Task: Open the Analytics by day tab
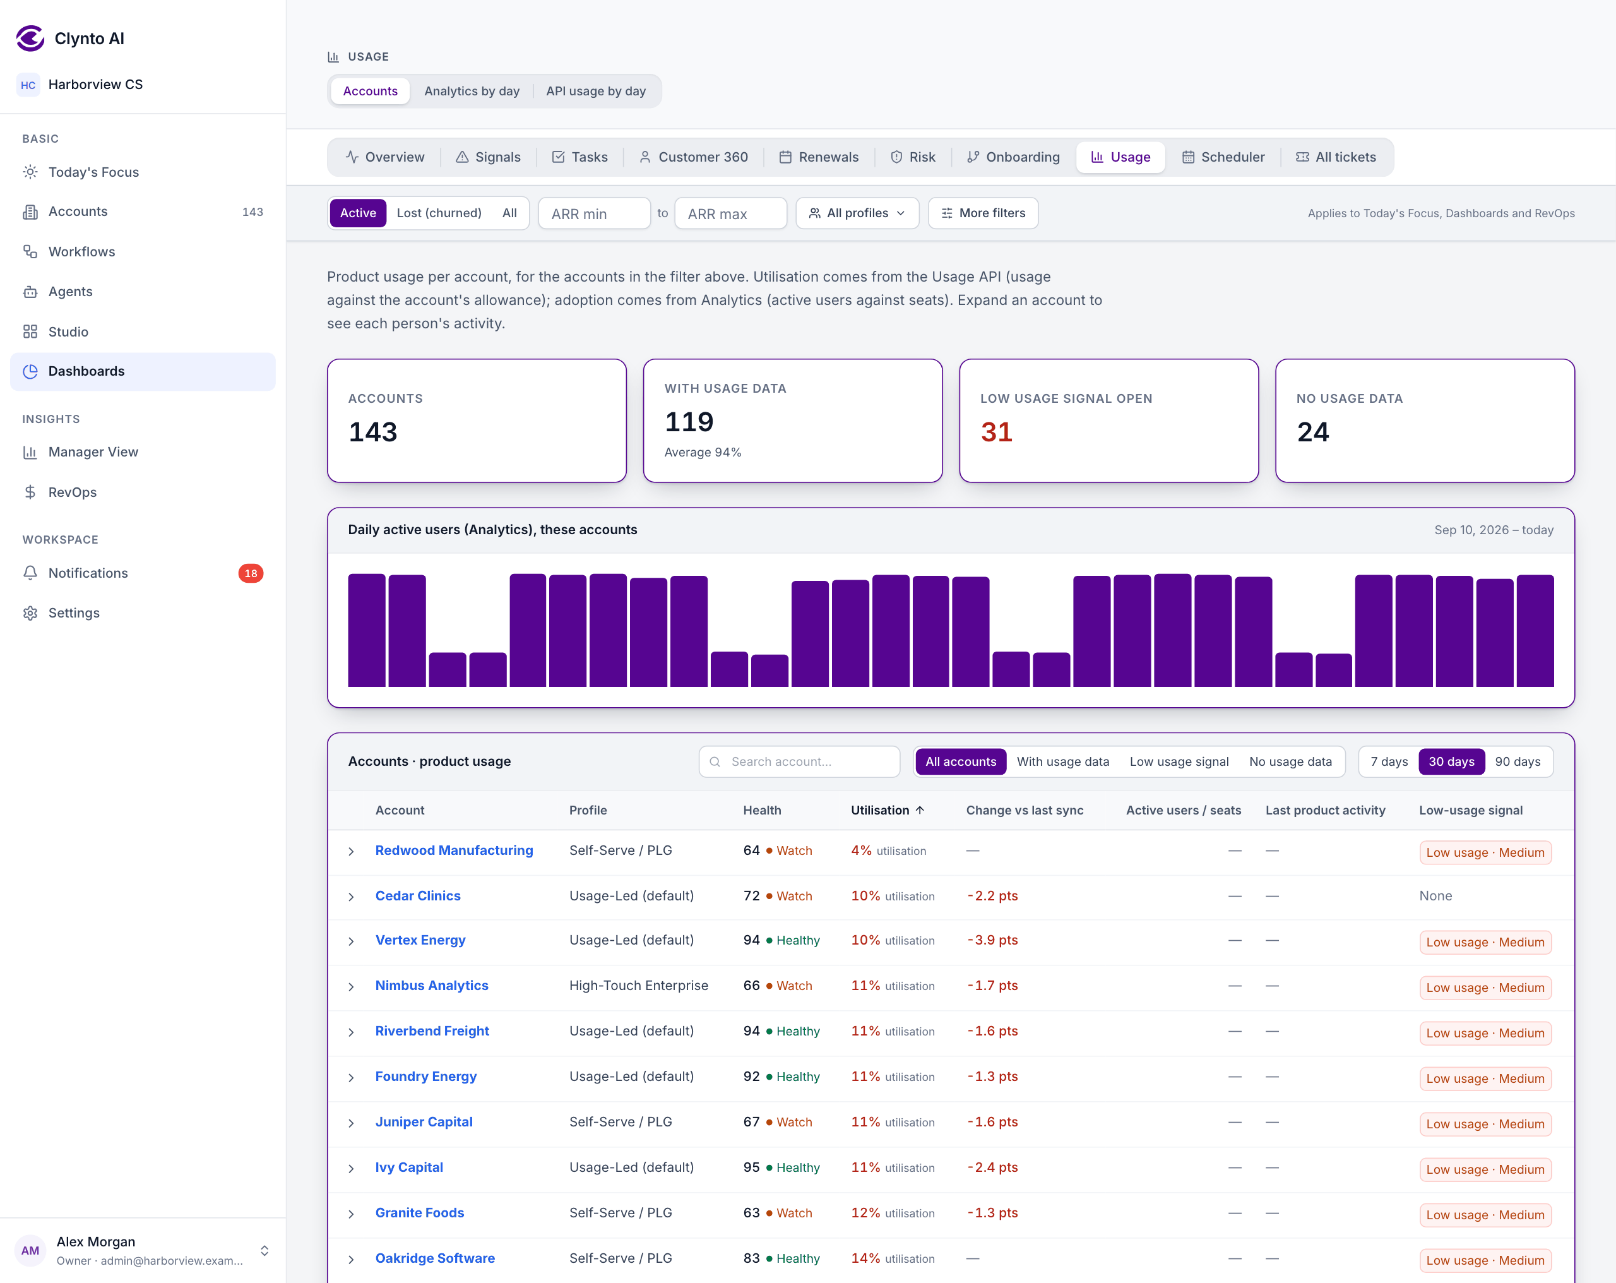[x=472, y=91]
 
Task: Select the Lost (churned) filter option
[x=439, y=213]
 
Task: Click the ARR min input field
[x=593, y=213]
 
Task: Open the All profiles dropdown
[x=857, y=213]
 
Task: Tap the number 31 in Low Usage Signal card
[x=996, y=432]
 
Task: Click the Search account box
[x=799, y=761]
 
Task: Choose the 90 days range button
[x=1517, y=761]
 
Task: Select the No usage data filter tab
[x=1290, y=761]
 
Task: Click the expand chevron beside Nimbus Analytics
[x=351, y=987]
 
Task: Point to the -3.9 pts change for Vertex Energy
[x=992, y=940]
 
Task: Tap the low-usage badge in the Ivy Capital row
[x=1485, y=1169]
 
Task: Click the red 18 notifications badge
[x=251, y=573]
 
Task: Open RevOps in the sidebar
[x=72, y=492]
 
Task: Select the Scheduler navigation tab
[x=1223, y=157]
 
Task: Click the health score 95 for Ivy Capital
[x=751, y=1167]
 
